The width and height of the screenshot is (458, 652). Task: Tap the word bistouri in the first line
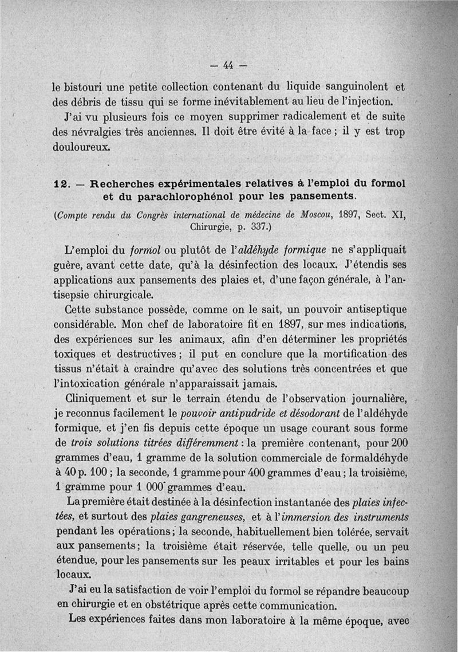83,88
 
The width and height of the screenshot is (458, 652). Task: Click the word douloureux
80,147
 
